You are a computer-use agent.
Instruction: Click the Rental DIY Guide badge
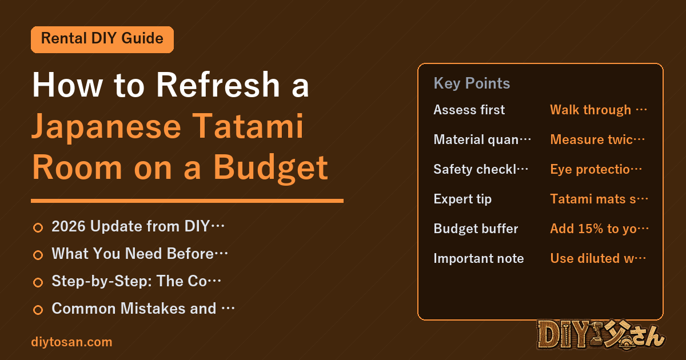coord(102,39)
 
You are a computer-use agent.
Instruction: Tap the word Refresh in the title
coord(218,85)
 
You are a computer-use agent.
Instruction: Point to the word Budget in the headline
coord(270,168)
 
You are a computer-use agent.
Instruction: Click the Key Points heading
coord(472,83)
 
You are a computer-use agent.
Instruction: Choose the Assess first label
coord(469,110)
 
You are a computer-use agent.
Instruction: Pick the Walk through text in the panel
coord(599,110)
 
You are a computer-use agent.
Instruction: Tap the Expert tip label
coord(462,199)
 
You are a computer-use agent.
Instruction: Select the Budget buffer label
coord(476,229)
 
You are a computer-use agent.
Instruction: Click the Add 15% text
coord(599,229)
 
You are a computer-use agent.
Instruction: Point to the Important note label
coord(478,258)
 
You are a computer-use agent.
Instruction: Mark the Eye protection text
coord(596,169)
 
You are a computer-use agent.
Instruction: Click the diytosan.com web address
coord(71,342)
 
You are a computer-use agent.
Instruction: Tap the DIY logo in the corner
coord(601,335)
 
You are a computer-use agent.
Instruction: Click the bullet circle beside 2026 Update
coord(38,227)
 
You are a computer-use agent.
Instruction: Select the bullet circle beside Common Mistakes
coord(38,310)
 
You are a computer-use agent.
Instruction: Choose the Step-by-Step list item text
coord(136,281)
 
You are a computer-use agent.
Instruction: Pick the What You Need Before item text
coord(139,254)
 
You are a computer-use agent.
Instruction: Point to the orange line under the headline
coord(187,201)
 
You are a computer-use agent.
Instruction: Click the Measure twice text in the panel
coord(597,139)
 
